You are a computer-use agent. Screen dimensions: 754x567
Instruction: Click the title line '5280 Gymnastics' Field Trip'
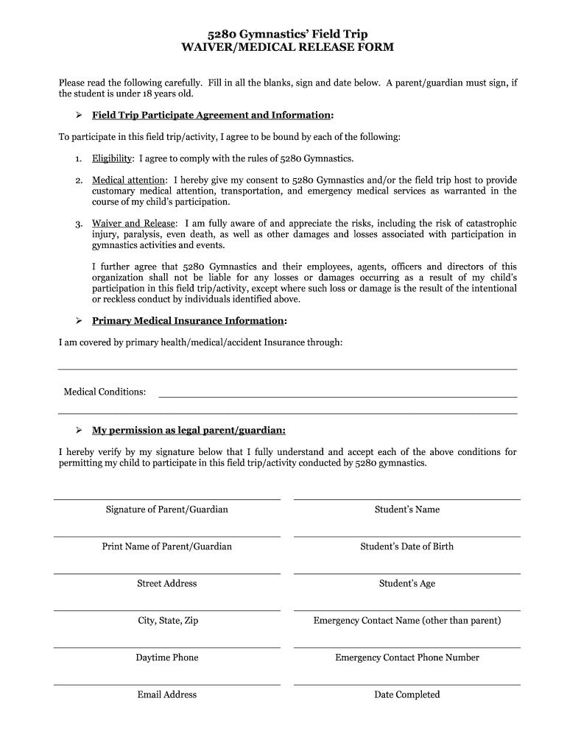click(287, 34)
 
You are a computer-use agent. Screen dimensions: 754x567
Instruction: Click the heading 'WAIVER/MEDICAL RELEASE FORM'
click(287, 47)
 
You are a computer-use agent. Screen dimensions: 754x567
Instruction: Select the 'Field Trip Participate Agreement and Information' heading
click(211, 116)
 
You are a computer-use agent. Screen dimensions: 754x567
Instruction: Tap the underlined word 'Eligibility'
click(112, 158)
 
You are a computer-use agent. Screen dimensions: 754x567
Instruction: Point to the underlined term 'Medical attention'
click(130, 180)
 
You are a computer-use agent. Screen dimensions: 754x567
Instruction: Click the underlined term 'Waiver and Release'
click(133, 224)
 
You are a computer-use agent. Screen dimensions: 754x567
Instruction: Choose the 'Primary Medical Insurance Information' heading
click(188, 321)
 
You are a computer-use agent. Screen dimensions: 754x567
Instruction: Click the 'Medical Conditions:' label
click(105, 392)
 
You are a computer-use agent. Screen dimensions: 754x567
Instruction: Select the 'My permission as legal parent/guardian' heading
click(189, 430)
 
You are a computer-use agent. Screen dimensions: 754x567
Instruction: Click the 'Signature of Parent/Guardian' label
click(167, 510)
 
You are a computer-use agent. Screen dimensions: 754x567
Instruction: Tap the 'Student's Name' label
click(406, 510)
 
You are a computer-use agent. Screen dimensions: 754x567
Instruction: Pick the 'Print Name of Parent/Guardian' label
click(167, 546)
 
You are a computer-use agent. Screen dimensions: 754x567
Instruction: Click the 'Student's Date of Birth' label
click(406, 546)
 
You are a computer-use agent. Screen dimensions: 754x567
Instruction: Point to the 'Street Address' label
click(167, 583)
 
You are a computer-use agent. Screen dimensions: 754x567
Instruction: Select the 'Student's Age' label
click(406, 583)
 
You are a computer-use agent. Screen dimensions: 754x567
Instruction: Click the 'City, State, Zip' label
click(167, 621)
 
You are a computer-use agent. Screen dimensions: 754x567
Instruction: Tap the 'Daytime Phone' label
click(167, 658)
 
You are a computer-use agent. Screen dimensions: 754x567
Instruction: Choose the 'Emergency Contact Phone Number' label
click(406, 658)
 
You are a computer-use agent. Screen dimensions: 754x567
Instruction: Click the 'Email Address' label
click(167, 694)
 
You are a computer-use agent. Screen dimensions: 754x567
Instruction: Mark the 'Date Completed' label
click(406, 694)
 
